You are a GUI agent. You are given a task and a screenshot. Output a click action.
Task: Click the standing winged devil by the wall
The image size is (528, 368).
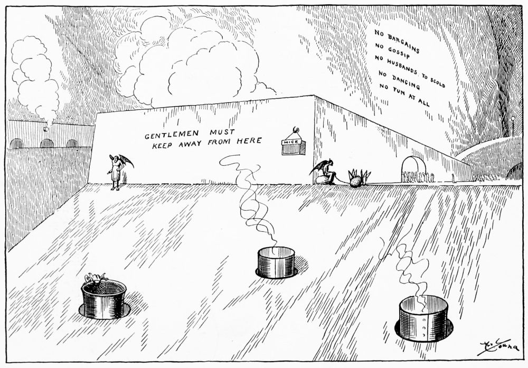tap(117, 169)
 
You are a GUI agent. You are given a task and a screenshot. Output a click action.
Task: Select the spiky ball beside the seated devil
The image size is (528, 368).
tap(356, 180)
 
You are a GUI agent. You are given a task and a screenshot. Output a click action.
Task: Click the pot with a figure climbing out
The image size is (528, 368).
tap(103, 298)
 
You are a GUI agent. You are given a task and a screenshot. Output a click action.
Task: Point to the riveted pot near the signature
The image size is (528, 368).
tap(421, 318)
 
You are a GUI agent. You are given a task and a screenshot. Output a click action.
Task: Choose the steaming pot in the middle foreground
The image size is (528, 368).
tap(276, 262)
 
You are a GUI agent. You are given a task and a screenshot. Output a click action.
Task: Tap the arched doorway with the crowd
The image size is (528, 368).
tap(414, 169)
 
